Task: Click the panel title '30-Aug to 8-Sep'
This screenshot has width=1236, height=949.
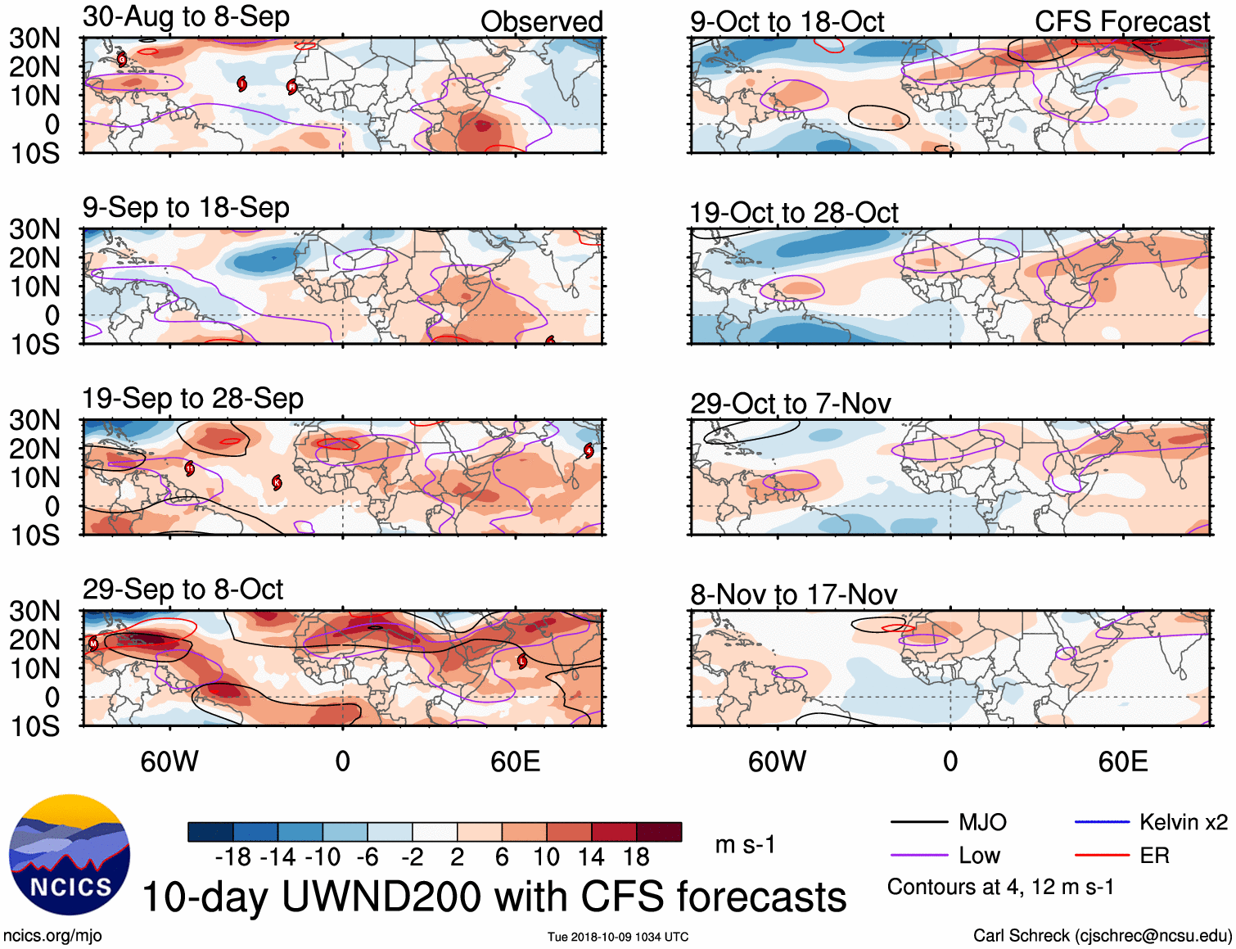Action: [x=186, y=17]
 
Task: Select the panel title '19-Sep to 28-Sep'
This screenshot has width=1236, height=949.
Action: [x=192, y=399]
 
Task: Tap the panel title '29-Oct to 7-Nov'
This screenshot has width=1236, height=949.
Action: [x=790, y=404]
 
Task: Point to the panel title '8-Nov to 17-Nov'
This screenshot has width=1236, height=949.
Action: [x=793, y=594]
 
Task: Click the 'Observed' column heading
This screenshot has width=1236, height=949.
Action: [x=541, y=22]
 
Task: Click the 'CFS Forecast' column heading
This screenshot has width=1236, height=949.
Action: [x=1121, y=22]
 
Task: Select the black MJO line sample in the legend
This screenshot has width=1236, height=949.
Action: [x=918, y=822]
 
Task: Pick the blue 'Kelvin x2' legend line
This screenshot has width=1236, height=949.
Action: [x=1102, y=822]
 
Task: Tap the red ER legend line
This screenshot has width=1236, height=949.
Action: [x=1102, y=856]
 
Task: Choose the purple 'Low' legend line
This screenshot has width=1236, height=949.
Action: [x=918, y=856]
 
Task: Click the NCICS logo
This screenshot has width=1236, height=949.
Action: [x=70, y=855]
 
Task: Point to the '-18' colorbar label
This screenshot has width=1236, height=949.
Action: [x=232, y=857]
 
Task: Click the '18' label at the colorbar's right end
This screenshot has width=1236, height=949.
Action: [x=636, y=857]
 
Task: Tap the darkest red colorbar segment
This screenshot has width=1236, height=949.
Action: [x=659, y=832]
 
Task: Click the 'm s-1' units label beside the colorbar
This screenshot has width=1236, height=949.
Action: [x=745, y=845]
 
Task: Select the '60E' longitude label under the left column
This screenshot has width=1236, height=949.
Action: [x=515, y=762]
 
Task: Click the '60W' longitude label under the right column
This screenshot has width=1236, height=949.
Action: [x=777, y=762]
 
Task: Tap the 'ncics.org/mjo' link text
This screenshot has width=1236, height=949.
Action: [x=52, y=936]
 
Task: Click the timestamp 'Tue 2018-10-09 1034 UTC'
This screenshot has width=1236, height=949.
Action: [x=618, y=937]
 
